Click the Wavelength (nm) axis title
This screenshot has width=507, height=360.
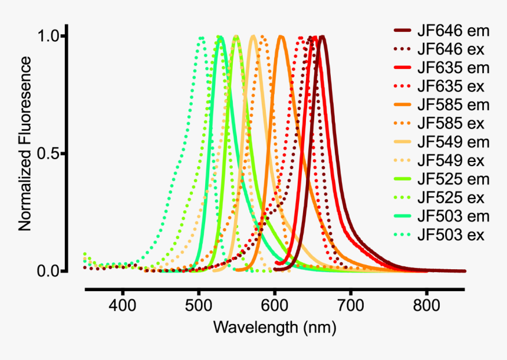[275, 327]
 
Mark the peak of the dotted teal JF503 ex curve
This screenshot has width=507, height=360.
[201, 37]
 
